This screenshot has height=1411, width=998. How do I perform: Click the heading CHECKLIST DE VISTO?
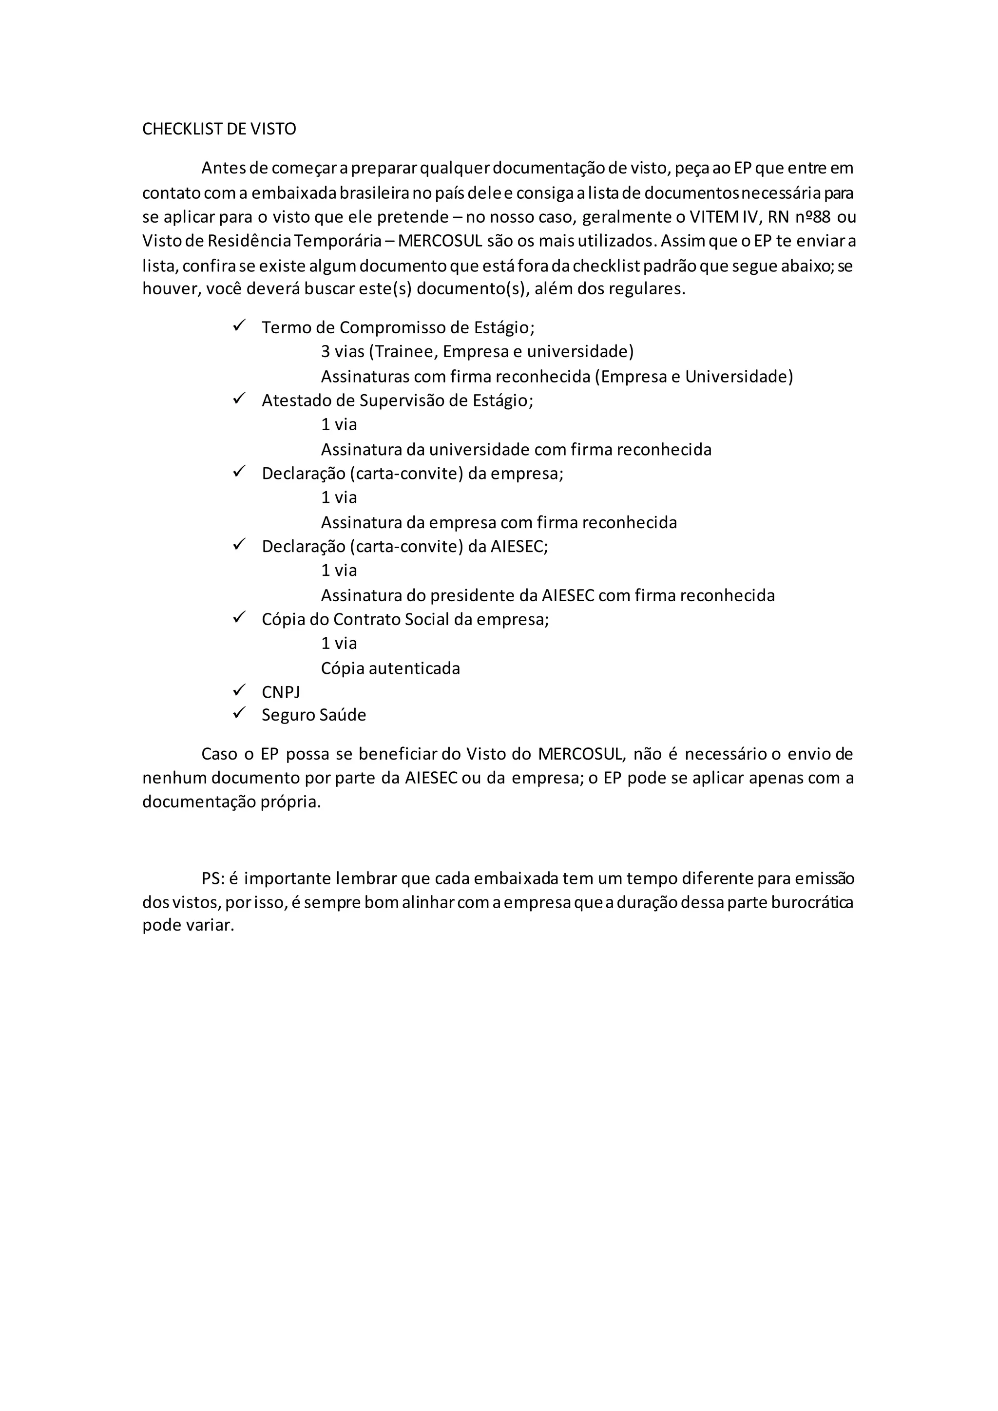219,129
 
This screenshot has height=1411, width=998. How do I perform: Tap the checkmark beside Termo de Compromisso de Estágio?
239,325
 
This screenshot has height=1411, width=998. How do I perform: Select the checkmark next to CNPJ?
239,690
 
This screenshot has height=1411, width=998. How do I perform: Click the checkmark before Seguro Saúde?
239,713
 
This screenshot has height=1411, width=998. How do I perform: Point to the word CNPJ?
281,693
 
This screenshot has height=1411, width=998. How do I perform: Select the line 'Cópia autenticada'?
390,668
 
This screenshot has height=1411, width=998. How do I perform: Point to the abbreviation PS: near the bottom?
212,878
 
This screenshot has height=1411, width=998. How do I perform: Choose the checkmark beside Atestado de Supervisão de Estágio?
239,398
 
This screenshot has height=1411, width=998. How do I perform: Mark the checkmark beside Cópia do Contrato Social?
239,617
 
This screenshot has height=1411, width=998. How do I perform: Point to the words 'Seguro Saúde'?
313,715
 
